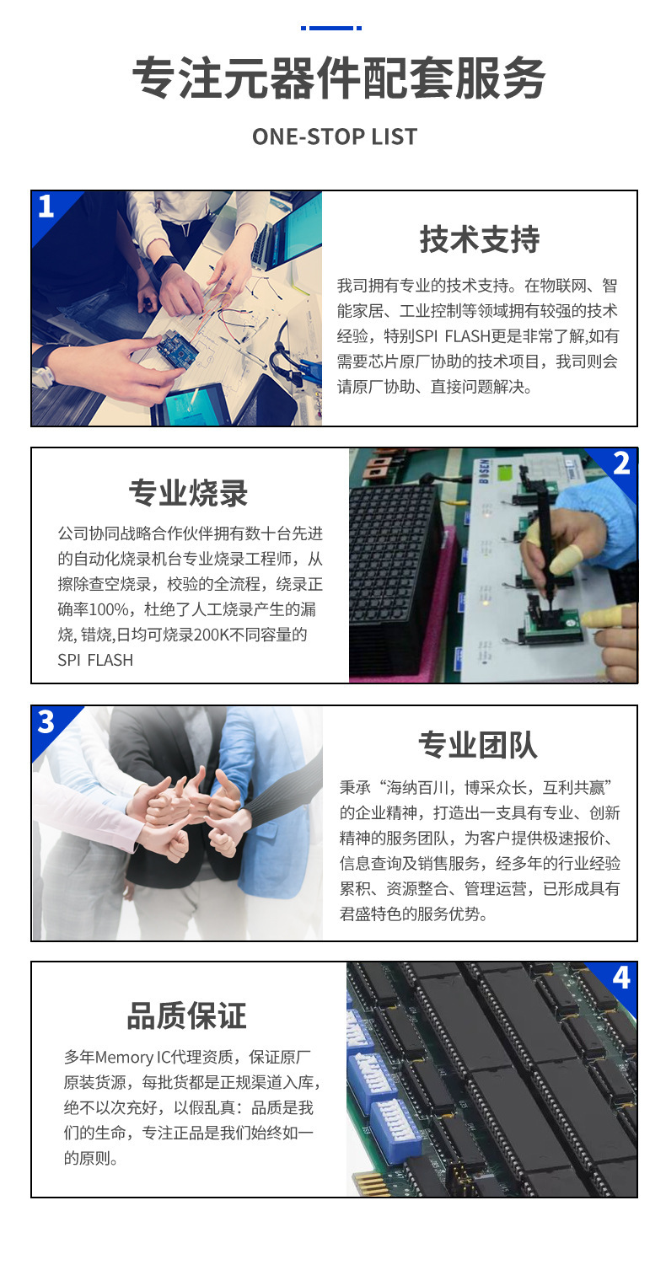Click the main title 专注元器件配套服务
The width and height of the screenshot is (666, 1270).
tap(339, 80)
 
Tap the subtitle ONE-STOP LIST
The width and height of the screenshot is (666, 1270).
tap(334, 137)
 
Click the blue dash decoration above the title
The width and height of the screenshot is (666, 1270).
tap(330, 28)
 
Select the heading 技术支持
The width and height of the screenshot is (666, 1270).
tap(480, 239)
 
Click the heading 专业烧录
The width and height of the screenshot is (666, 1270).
tap(189, 493)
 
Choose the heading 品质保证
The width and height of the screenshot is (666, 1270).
tap(187, 1015)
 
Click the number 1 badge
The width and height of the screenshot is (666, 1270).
tap(46, 206)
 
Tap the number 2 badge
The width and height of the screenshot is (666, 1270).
tap(621, 463)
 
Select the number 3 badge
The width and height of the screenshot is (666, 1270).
tap(46, 721)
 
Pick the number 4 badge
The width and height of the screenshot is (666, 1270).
tap(620, 978)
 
